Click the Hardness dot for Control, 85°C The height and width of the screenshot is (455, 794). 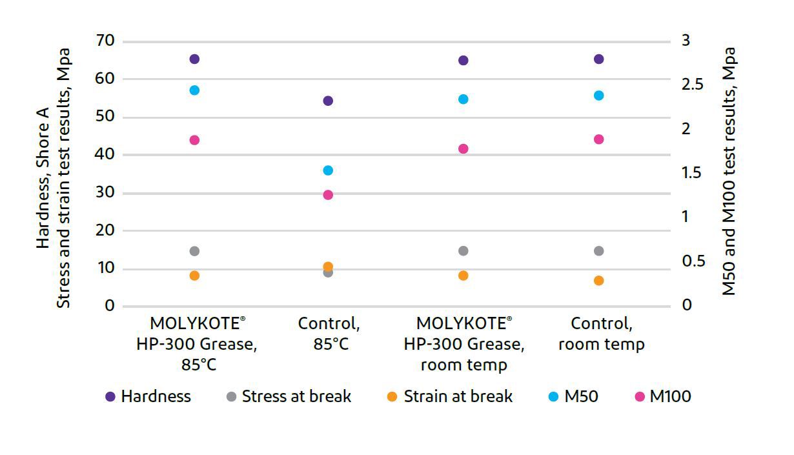[328, 101]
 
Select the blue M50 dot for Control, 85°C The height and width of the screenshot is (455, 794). [328, 170]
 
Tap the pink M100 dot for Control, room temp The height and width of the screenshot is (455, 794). [598, 139]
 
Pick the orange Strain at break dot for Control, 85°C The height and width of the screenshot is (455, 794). [328, 267]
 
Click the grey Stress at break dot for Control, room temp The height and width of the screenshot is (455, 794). [598, 251]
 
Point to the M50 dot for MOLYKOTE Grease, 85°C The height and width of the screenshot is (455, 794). [194, 90]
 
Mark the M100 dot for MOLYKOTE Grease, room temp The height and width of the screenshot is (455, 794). [463, 148]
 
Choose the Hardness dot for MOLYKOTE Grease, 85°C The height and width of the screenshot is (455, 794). [194, 59]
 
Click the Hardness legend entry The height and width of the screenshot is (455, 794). [148, 396]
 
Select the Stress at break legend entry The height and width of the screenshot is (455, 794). [288, 396]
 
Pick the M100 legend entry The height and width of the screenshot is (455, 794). [662, 396]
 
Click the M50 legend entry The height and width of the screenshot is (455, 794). [573, 396]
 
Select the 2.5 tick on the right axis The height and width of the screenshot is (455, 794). [695, 85]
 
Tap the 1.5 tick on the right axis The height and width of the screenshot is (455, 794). [695, 173]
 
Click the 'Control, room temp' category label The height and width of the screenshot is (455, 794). [601, 334]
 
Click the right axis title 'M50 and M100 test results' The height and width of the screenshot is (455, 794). [729, 171]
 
